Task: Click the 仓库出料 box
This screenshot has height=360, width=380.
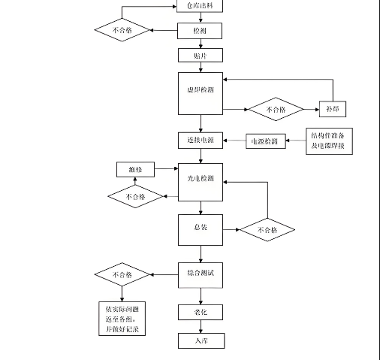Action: tap(200, 6)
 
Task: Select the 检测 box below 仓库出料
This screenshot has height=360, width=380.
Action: tap(200, 31)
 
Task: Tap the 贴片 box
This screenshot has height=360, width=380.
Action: tap(200, 55)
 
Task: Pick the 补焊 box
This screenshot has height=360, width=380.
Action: tap(332, 109)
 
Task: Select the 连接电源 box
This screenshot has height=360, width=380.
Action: tap(200, 141)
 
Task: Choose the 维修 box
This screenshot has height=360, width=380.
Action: tap(135, 170)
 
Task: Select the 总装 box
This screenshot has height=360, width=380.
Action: tap(200, 229)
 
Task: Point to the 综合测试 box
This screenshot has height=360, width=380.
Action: tap(200, 276)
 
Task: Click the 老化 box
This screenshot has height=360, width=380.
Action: tap(200, 312)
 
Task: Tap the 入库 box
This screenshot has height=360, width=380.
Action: tap(200, 341)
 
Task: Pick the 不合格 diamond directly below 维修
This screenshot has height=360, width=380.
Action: tap(135, 197)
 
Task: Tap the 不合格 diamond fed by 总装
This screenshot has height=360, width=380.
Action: tap(267, 230)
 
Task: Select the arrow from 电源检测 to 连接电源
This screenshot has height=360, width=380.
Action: tap(234, 141)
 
